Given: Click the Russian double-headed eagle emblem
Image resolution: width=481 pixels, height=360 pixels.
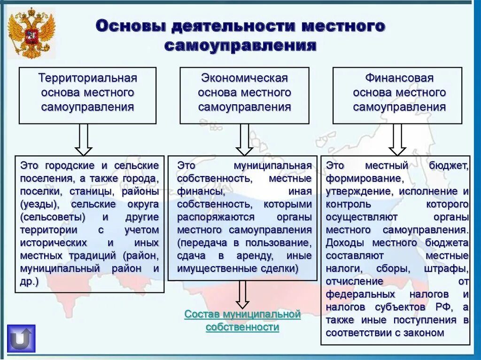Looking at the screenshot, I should (x=31, y=32).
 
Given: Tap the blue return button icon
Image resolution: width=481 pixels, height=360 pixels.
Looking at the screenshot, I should (x=21, y=338).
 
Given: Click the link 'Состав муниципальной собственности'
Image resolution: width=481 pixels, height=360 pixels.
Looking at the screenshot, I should (x=242, y=321).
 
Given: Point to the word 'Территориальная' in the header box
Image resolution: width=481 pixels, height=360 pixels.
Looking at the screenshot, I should (x=87, y=77).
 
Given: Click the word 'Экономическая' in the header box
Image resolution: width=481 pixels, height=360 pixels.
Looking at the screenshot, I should (x=244, y=77).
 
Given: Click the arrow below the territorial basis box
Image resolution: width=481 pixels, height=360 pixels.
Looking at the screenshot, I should (x=84, y=139).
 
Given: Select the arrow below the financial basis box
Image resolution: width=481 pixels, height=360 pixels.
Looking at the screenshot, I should (x=397, y=139).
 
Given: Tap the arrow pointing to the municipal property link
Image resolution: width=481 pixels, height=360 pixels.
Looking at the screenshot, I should (x=242, y=294).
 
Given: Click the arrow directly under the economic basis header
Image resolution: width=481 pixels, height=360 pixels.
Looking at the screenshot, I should (x=244, y=139).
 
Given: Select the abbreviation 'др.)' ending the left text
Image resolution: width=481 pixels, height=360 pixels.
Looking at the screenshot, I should (x=29, y=282).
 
